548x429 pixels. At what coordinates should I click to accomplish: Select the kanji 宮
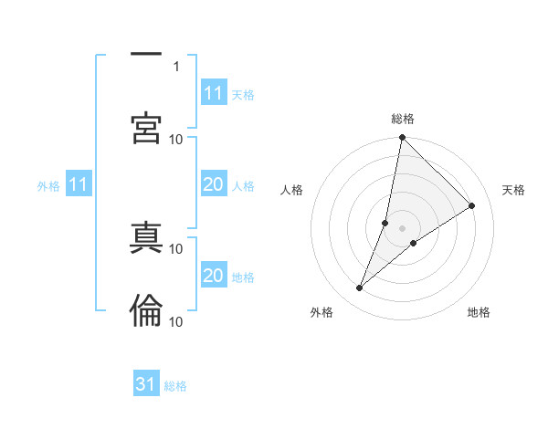(x=146, y=128)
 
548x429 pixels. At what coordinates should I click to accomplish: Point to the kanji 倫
(x=146, y=310)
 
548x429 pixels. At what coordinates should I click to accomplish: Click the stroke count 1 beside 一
(x=176, y=66)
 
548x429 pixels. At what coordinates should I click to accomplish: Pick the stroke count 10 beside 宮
(x=176, y=139)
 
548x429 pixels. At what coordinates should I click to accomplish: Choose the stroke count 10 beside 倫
(x=176, y=321)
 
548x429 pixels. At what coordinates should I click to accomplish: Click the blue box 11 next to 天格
(x=214, y=93)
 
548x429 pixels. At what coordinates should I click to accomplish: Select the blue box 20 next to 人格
(x=214, y=184)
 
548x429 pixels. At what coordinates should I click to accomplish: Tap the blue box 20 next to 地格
(x=214, y=276)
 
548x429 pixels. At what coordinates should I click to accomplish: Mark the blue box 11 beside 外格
(x=79, y=185)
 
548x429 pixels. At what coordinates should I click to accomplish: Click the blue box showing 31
(x=146, y=384)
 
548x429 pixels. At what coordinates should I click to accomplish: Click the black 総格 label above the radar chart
(x=403, y=119)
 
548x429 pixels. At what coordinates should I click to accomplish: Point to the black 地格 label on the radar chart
(x=479, y=312)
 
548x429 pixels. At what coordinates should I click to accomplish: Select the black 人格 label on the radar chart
(x=292, y=190)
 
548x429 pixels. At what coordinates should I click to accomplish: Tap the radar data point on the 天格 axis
(x=472, y=205)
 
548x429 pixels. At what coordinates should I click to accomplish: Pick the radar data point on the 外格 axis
(x=360, y=288)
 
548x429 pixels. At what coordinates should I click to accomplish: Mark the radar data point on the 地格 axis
(x=414, y=243)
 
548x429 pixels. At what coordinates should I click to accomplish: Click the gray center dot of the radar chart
(x=403, y=227)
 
